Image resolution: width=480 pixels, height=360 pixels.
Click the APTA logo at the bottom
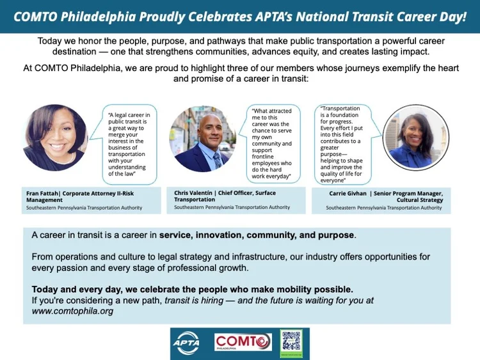pos(186,343)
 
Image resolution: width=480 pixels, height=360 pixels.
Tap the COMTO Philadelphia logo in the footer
pos(243,343)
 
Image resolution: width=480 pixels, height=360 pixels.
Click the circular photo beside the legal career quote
pos(54,137)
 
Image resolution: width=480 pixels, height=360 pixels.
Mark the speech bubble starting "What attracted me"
pos(273,143)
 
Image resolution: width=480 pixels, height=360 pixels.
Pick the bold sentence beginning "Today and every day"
pos(192,289)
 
